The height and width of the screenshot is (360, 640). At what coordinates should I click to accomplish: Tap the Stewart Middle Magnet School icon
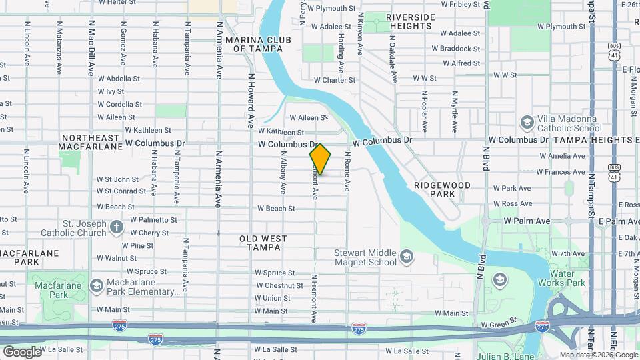[x=406, y=257]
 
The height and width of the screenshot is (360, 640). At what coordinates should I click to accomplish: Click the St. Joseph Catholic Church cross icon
[x=117, y=228]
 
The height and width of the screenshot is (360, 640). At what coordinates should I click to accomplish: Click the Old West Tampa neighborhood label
[x=263, y=243]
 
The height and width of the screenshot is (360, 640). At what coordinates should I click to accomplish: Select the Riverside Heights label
[x=409, y=21]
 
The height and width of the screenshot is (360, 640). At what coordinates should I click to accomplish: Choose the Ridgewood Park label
[x=442, y=189]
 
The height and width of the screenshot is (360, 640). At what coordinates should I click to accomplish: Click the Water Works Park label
[x=567, y=278]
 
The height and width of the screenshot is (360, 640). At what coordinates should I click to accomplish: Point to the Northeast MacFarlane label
[x=89, y=142]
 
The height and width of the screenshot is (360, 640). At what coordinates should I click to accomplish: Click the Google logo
[x=23, y=351]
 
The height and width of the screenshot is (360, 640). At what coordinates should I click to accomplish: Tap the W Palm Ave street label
[x=527, y=221]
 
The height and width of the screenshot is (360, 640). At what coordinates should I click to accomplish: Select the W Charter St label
[x=334, y=80]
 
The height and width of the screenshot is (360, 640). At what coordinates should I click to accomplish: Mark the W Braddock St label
[x=455, y=49]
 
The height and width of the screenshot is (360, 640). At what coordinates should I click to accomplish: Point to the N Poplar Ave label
[x=424, y=111]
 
